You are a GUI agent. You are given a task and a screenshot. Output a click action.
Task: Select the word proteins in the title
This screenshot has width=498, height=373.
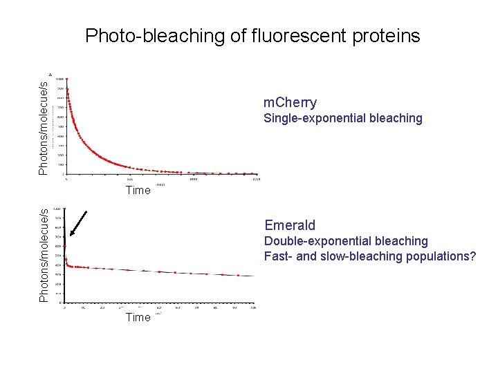tap(387, 36)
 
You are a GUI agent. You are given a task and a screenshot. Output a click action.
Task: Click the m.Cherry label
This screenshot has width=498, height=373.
tap(290, 103)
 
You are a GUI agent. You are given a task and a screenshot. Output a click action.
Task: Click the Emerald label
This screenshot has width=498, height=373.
tap(290, 225)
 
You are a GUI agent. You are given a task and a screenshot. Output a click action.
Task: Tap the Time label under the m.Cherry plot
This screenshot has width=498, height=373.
tap(138, 190)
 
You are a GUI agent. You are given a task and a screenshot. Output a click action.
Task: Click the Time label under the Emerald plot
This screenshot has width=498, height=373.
tap(138, 317)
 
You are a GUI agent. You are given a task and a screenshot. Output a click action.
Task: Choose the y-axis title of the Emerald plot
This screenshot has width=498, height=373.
tap(44, 255)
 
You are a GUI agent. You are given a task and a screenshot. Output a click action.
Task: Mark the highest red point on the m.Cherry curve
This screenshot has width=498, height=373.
tap(67, 80)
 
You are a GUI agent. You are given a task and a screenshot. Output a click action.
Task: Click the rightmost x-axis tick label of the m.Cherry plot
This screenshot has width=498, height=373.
tap(257, 179)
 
